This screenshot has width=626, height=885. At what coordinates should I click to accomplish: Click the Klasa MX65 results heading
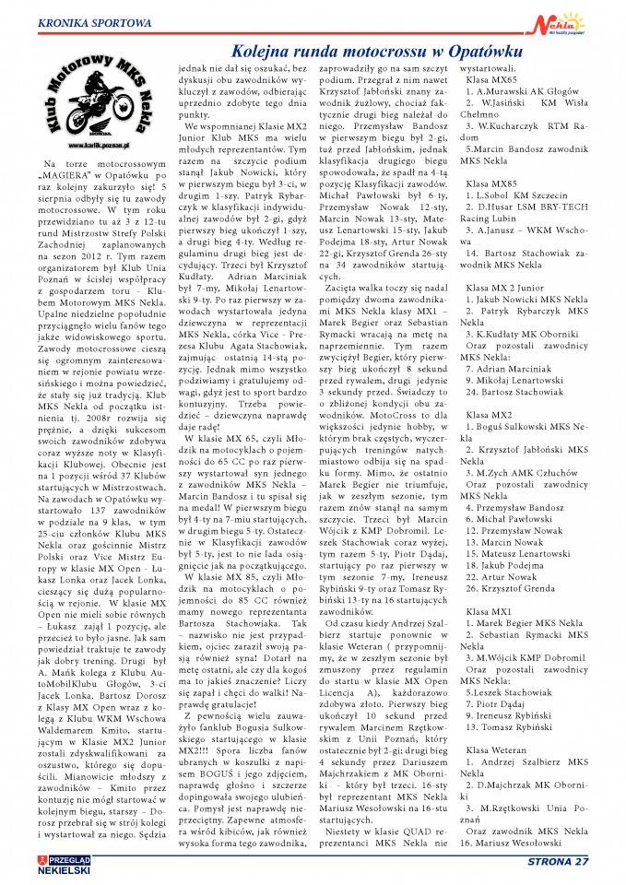coord(491,80)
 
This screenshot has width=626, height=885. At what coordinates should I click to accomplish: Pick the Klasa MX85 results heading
coord(491,183)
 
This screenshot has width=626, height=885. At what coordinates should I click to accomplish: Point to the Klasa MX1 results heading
coord(489,610)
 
